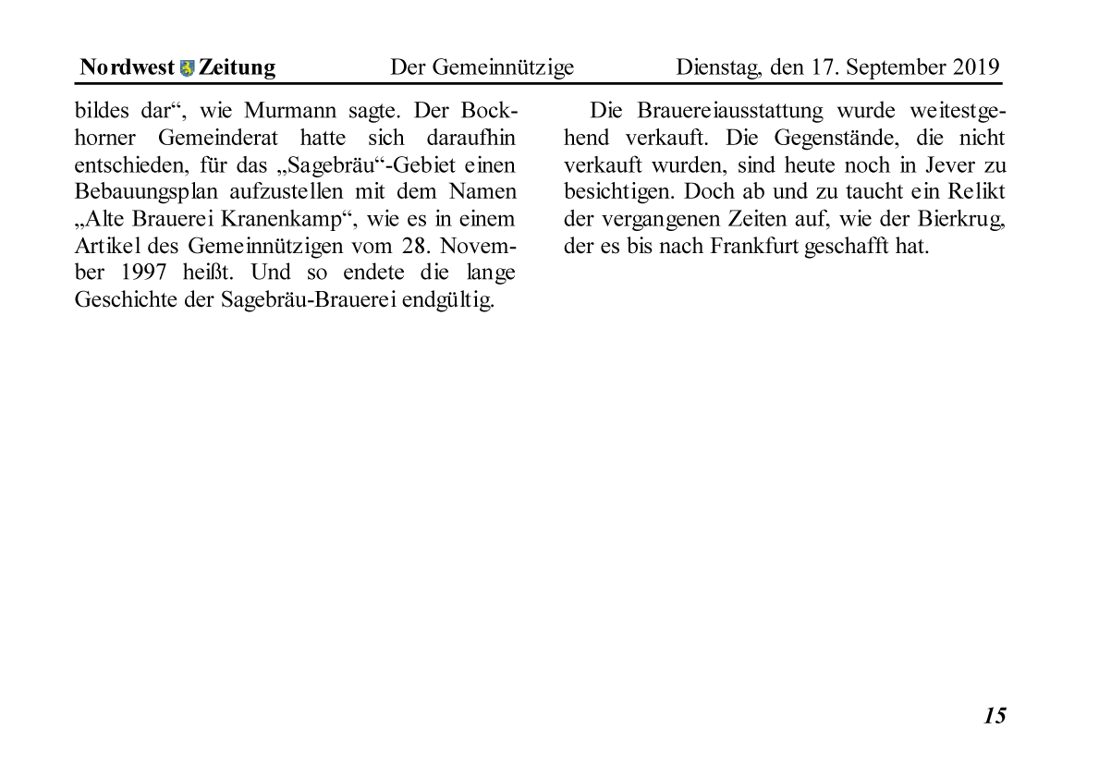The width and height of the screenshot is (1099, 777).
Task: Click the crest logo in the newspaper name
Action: pyautogui.click(x=188, y=68)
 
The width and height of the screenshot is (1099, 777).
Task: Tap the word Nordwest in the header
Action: pyautogui.click(x=127, y=67)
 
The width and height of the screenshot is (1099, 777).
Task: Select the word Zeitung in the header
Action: pyautogui.click(x=237, y=67)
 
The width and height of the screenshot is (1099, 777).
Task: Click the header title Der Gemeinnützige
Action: pyautogui.click(x=482, y=67)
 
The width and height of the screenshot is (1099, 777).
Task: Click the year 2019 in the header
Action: pyautogui.click(x=976, y=67)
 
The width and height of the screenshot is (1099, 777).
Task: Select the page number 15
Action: pyautogui.click(x=994, y=715)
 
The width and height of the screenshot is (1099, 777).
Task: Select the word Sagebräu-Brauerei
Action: pyautogui.click(x=311, y=302)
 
